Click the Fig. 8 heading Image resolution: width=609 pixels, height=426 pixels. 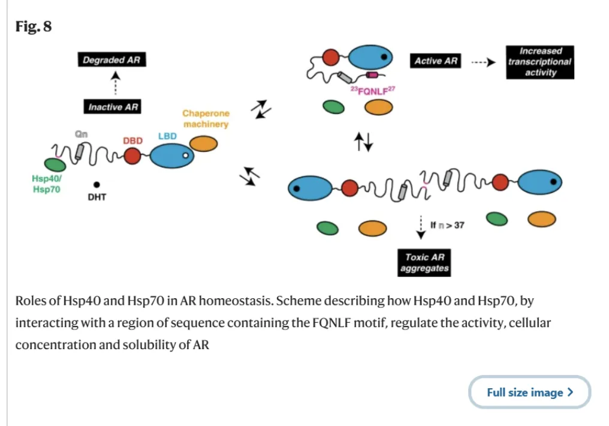[34, 26]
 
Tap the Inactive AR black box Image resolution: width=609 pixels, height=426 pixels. [113, 107]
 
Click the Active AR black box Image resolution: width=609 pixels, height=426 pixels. [436, 61]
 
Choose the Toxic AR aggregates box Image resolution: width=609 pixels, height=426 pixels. [424, 262]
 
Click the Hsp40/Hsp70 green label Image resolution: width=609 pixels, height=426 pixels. [46, 184]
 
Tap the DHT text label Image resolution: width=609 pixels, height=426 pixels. [97, 197]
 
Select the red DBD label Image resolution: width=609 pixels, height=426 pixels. [132, 140]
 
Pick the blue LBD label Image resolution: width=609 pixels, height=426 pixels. [167, 136]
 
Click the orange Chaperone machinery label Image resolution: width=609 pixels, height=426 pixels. [206, 118]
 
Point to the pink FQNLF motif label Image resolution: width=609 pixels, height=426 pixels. [373, 91]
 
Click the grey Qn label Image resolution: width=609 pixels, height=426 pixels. [81, 134]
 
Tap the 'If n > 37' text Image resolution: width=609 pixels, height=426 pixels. [447, 226]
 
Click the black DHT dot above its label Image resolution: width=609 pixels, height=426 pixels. [97, 185]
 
